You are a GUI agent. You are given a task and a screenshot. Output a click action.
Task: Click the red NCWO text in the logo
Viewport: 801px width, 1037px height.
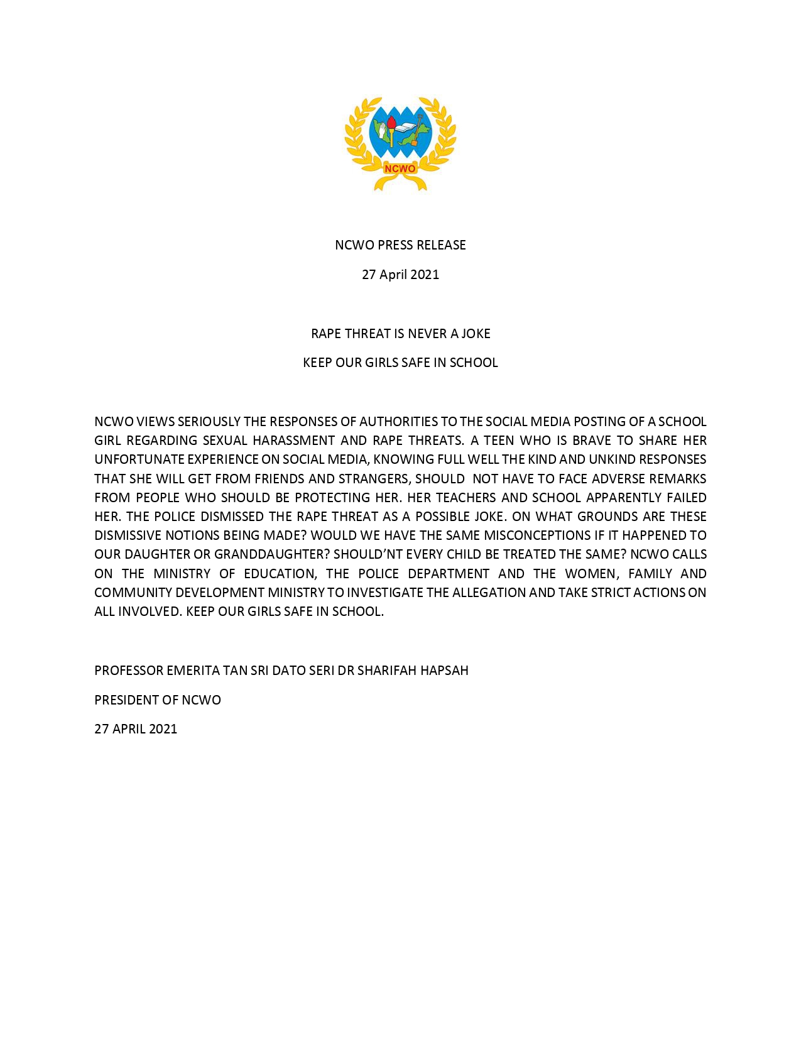(400, 168)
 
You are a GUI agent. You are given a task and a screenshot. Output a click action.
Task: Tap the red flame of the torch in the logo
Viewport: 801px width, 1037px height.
(391, 121)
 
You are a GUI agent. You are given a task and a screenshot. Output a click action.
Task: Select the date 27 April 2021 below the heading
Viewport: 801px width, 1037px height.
(400, 275)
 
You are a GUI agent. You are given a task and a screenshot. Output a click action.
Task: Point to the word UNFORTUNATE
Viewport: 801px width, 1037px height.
(139, 459)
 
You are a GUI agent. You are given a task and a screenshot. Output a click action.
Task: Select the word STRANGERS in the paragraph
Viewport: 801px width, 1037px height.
(374, 479)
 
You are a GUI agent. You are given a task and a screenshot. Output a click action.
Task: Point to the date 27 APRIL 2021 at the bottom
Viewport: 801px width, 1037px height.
(136, 729)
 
